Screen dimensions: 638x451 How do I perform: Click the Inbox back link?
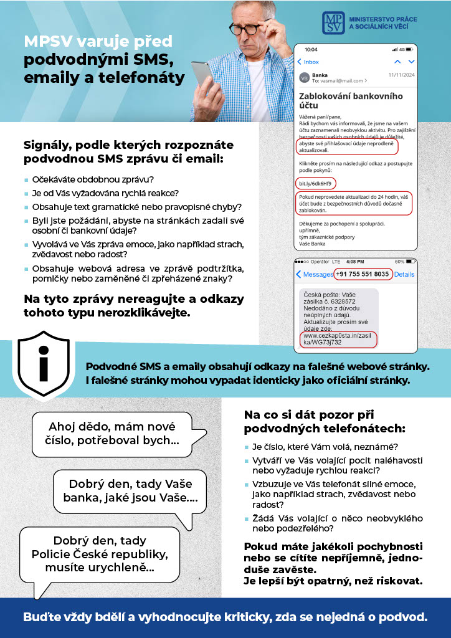click(x=308, y=62)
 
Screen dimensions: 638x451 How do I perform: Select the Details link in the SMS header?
click(x=404, y=274)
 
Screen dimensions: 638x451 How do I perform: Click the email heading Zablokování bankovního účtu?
click(x=350, y=101)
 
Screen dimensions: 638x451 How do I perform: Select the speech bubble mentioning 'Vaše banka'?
click(x=130, y=491)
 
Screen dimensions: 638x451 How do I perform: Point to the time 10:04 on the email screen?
click(x=310, y=49)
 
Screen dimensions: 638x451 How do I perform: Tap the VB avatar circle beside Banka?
click(x=304, y=78)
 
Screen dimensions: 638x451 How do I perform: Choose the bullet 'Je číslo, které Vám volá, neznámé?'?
click(x=325, y=447)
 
